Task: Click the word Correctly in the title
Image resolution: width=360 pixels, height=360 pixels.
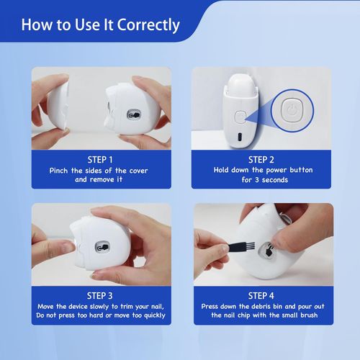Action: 144,25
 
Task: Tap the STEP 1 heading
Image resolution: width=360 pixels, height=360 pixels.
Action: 100,159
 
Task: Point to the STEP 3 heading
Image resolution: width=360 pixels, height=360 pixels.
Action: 100,295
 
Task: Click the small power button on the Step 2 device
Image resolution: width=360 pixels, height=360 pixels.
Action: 240,115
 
